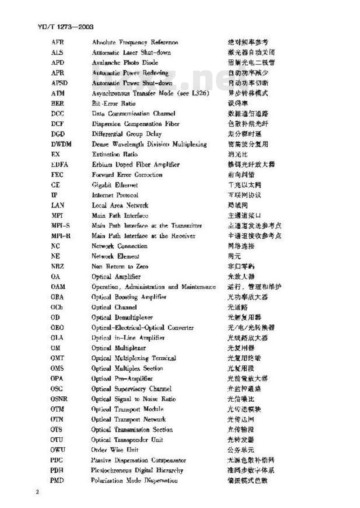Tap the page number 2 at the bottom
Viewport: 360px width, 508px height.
38,491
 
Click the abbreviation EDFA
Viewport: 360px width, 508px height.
59,164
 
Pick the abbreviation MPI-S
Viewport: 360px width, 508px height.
60,226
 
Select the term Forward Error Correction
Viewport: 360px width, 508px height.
127,175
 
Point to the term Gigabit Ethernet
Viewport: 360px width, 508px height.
115,185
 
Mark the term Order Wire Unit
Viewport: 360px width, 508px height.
115,450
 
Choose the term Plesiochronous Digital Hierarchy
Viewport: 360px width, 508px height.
137,470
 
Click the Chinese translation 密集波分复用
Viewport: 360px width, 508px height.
248,144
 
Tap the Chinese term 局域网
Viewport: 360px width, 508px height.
238,205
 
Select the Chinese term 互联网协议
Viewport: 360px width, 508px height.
244,195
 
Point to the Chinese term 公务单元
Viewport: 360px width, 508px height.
241,450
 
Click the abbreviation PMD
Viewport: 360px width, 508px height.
57,481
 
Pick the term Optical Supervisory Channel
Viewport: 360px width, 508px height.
131,389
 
